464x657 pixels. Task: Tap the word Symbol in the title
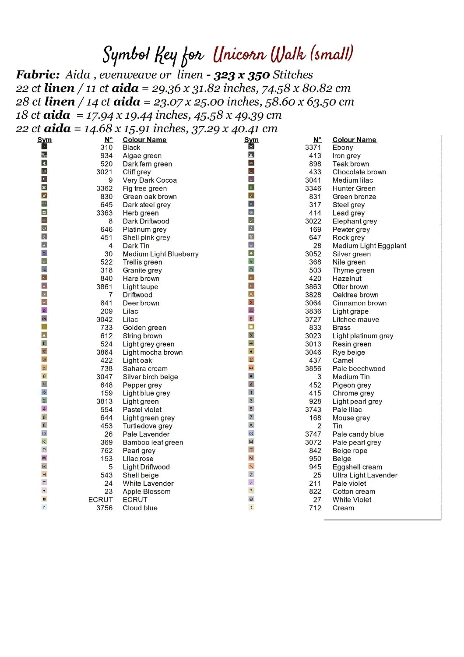point(127,55)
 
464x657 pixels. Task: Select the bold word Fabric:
point(38,74)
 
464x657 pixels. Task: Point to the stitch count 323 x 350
point(241,75)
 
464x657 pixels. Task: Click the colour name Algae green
point(142,156)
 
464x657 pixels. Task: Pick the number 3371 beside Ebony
point(313,148)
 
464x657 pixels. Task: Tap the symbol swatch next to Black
point(44,147)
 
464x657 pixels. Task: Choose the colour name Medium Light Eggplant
point(369,246)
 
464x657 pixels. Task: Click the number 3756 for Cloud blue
point(104,508)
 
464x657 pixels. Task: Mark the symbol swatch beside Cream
point(251,507)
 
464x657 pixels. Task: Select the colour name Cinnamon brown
point(359,303)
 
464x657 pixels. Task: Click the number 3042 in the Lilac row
point(104,320)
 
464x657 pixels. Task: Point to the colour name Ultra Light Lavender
point(365,475)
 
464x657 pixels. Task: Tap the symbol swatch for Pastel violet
point(44,409)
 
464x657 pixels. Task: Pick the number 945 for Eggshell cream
point(315,467)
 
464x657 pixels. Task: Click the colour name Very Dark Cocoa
point(150,180)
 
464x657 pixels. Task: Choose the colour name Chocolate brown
point(359,172)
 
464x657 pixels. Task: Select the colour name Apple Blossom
point(147,491)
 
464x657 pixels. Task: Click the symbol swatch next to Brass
point(251,327)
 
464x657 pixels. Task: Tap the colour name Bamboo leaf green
point(153,442)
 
